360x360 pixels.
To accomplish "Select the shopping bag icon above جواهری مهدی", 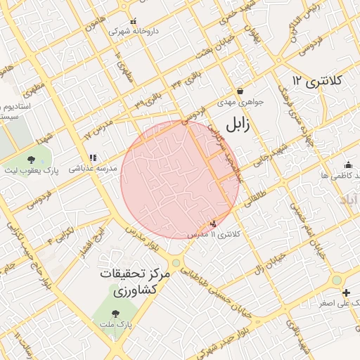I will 240,91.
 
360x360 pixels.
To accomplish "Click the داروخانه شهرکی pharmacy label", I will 134,32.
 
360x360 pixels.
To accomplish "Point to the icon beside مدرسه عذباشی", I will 93,157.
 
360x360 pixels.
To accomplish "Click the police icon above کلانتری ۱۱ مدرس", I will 214,223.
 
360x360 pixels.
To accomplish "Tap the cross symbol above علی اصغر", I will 345,292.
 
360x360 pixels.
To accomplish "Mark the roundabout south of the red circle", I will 176,264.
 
